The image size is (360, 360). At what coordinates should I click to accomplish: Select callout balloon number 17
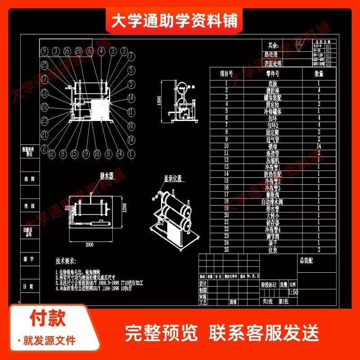click(x=44, y=78)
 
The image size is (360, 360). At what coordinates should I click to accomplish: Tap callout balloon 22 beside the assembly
click(x=44, y=107)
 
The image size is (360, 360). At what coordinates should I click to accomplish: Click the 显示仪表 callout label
click(x=172, y=179)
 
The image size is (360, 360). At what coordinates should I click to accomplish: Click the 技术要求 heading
click(x=66, y=261)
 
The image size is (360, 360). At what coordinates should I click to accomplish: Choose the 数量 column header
click(x=319, y=73)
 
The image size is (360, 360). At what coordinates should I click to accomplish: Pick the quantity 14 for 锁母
click(x=319, y=146)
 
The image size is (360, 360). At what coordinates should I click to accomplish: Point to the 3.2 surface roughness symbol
click(x=298, y=43)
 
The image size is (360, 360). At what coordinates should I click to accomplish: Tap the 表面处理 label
click(x=273, y=63)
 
